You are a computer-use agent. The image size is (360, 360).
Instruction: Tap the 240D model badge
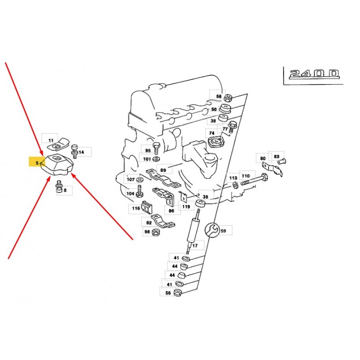314,74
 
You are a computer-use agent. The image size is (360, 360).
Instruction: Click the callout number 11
51,140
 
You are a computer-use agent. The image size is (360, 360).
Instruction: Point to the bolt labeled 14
74,151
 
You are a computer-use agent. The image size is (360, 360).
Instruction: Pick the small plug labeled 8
59,187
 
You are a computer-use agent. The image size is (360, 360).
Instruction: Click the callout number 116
136,208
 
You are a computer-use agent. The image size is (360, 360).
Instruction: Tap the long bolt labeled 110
254,180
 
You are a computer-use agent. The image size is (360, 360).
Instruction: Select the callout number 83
276,156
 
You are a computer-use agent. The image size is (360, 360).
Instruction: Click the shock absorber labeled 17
193,230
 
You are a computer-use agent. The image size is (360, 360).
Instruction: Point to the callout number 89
163,170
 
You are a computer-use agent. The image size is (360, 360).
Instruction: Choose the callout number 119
186,207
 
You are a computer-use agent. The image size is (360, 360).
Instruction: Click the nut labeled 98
156,232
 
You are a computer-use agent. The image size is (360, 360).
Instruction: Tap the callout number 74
211,133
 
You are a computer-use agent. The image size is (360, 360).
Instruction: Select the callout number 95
148,151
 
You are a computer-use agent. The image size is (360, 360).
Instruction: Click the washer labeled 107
139,179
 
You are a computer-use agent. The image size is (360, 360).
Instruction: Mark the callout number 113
233,178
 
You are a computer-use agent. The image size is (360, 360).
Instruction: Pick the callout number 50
214,109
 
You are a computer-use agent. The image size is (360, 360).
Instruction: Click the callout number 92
149,223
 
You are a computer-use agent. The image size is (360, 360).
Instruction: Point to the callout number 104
130,193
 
